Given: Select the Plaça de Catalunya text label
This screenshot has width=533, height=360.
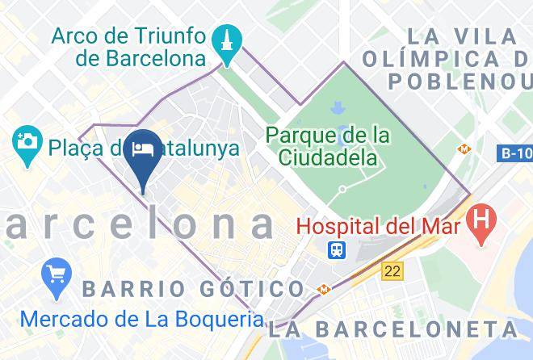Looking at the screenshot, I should pyautogui.click(x=143, y=148).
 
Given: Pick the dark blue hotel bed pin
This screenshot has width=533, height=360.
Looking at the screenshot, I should pyautogui.click(x=144, y=156).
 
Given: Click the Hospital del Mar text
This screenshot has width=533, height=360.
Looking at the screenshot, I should pyautogui.click(x=378, y=225).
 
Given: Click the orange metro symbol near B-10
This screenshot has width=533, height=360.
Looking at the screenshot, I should pyautogui.click(x=464, y=149).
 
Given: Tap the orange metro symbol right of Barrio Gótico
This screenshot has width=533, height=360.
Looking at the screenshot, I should pyautogui.click(x=322, y=288).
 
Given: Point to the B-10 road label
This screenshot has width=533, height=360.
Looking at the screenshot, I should pyautogui.click(x=514, y=152).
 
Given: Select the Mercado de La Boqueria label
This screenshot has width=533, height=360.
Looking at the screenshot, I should pyautogui.click(x=142, y=317).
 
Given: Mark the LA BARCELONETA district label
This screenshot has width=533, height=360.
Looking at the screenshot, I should pyautogui.click(x=394, y=329).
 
